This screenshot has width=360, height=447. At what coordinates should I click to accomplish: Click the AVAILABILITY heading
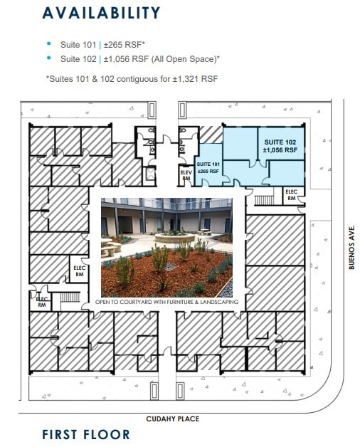tap(101, 13)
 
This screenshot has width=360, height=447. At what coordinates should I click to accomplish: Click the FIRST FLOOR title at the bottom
tap(86, 434)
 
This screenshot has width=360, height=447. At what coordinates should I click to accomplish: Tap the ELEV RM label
tap(186, 176)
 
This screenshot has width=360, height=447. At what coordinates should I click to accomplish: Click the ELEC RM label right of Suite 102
tap(291, 195)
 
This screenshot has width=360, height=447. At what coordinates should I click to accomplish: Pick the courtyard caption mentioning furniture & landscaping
tap(167, 303)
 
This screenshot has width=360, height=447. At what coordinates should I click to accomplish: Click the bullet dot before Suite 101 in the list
tap(48, 43)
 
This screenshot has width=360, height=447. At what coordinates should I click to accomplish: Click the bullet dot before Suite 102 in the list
tap(48, 58)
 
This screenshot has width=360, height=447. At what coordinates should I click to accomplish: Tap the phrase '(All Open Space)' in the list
tap(184, 58)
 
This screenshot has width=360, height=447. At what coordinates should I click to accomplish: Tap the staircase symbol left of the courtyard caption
tap(67, 298)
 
